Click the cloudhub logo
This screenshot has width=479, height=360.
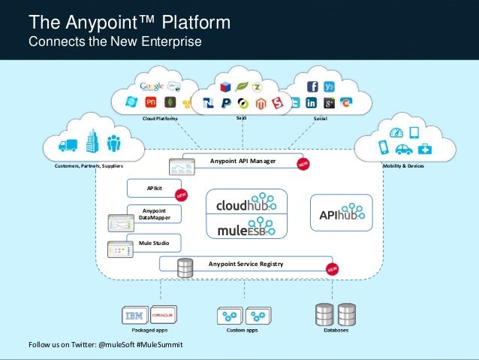[246, 203]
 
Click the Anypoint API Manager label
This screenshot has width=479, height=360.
[243, 161]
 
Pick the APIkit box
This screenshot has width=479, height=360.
[153, 188]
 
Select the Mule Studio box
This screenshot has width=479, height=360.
[153, 244]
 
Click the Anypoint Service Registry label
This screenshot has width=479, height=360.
[246, 264]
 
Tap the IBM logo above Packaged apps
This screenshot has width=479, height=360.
[134, 316]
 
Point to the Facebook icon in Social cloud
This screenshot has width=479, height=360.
[312, 86]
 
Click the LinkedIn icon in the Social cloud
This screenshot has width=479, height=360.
[311, 103]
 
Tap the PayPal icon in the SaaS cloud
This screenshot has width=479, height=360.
[225, 103]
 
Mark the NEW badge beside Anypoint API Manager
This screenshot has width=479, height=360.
[304, 163]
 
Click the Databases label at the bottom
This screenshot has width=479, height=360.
[336, 330]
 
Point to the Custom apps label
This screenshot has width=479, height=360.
[242, 330]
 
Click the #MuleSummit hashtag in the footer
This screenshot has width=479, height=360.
[160, 345]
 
